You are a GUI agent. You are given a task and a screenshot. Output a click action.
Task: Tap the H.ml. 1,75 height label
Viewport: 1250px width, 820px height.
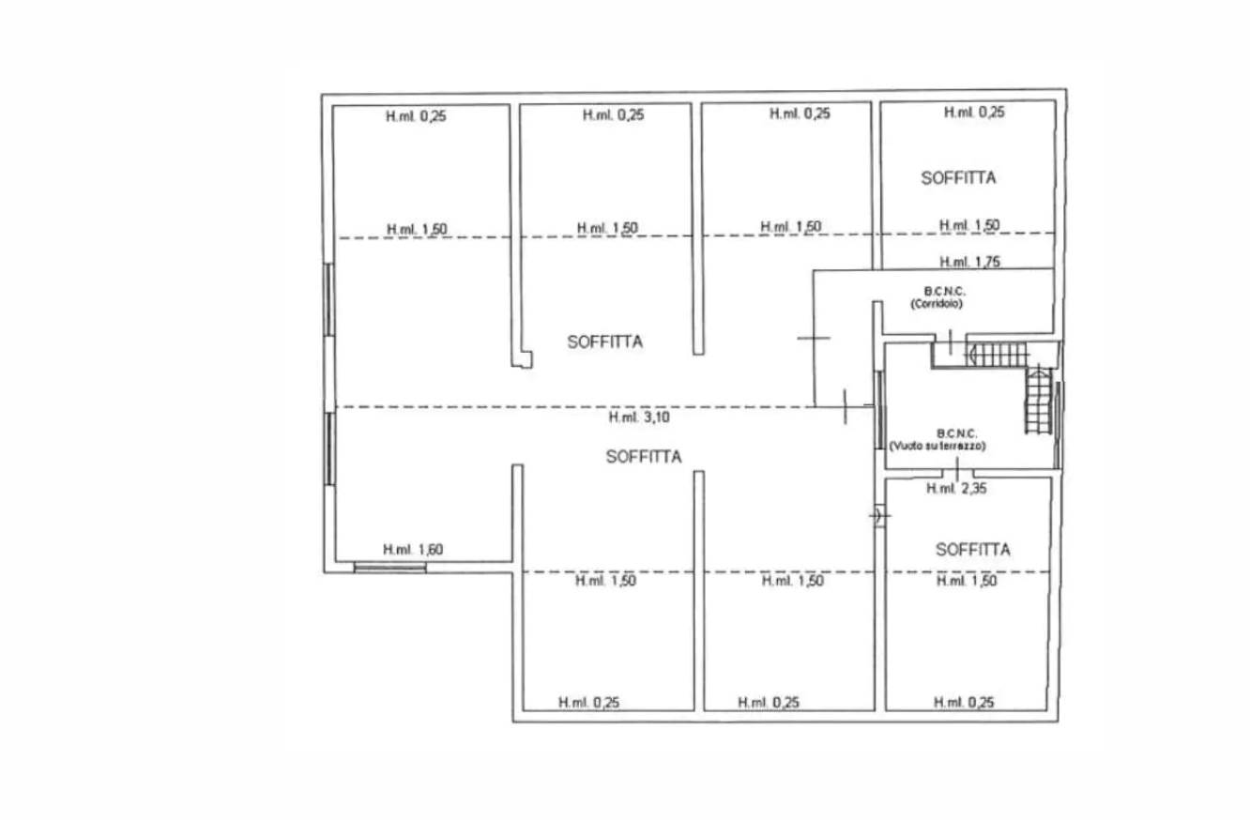pyautogui.click(x=969, y=262)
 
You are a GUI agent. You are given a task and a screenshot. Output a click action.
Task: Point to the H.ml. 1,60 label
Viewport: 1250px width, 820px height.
pyautogui.click(x=412, y=550)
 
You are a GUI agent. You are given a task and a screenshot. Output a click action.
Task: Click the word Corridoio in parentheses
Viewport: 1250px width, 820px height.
pyautogui.click(x=937, y=305)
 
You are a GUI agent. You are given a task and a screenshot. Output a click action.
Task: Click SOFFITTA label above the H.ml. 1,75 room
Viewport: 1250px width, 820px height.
pyautogui.click(x=958, y=177)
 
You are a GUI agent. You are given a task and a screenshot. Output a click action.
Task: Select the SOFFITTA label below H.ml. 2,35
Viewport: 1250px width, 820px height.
pyautogui.click(x=972, y=550)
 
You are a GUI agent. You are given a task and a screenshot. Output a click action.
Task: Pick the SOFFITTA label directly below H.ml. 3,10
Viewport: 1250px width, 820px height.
pyautogui.click(x=644, y=457)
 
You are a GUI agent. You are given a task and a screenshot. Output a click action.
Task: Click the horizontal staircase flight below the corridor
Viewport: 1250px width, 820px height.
pyautogui.click(x=998, y=355)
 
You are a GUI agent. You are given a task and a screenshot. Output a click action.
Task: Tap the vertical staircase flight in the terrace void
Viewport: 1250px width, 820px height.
pyautogui.click(x=1037, y=402)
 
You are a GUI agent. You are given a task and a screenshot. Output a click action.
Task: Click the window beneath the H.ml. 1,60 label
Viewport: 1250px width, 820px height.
pyautogui.click(x=389, y=567)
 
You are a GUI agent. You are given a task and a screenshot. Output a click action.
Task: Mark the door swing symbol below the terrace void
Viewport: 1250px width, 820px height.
pyautogui.click(x=879, y=515)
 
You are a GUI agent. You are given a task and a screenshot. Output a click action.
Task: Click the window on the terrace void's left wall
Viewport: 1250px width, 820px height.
pyautogui.click(x=878, y=408)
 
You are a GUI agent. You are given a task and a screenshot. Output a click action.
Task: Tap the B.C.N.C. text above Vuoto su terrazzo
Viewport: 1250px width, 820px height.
pyautogui.click(x=956, y=434)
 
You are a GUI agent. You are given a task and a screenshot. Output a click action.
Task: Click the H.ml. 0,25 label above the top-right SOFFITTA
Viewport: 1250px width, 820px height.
pyautogui.click(x=973, y=113)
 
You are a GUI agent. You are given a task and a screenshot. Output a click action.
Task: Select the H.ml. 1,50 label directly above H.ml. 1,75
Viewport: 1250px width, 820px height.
pyautogui.click(x=969, y=225)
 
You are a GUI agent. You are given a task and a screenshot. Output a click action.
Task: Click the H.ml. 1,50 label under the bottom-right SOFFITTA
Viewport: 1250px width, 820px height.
pyautogui.click(x=967, y=582)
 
